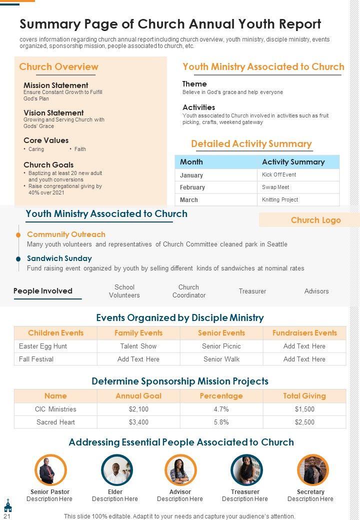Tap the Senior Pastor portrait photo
pos(50,470)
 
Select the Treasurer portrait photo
pos(246,470)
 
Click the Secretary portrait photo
pos(312,470)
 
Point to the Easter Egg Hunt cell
pos(43,346)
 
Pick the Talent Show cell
pos(138,346)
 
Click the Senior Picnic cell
pos(221,346)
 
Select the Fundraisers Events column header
pos(304,333)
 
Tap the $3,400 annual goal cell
pos(138,422)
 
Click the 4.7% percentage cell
pos(221,409)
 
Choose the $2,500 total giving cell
pos(304,422)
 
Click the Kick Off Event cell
pos(279,174)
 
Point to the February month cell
pos(192,187)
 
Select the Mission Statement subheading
pos(56,85)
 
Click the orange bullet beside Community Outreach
pos(18,234)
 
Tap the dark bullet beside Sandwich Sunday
pos(18,258)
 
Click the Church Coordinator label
pos(189,291)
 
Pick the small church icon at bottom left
pos(7,505)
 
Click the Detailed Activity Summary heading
pos(251,144)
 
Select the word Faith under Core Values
pos(80,149)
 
